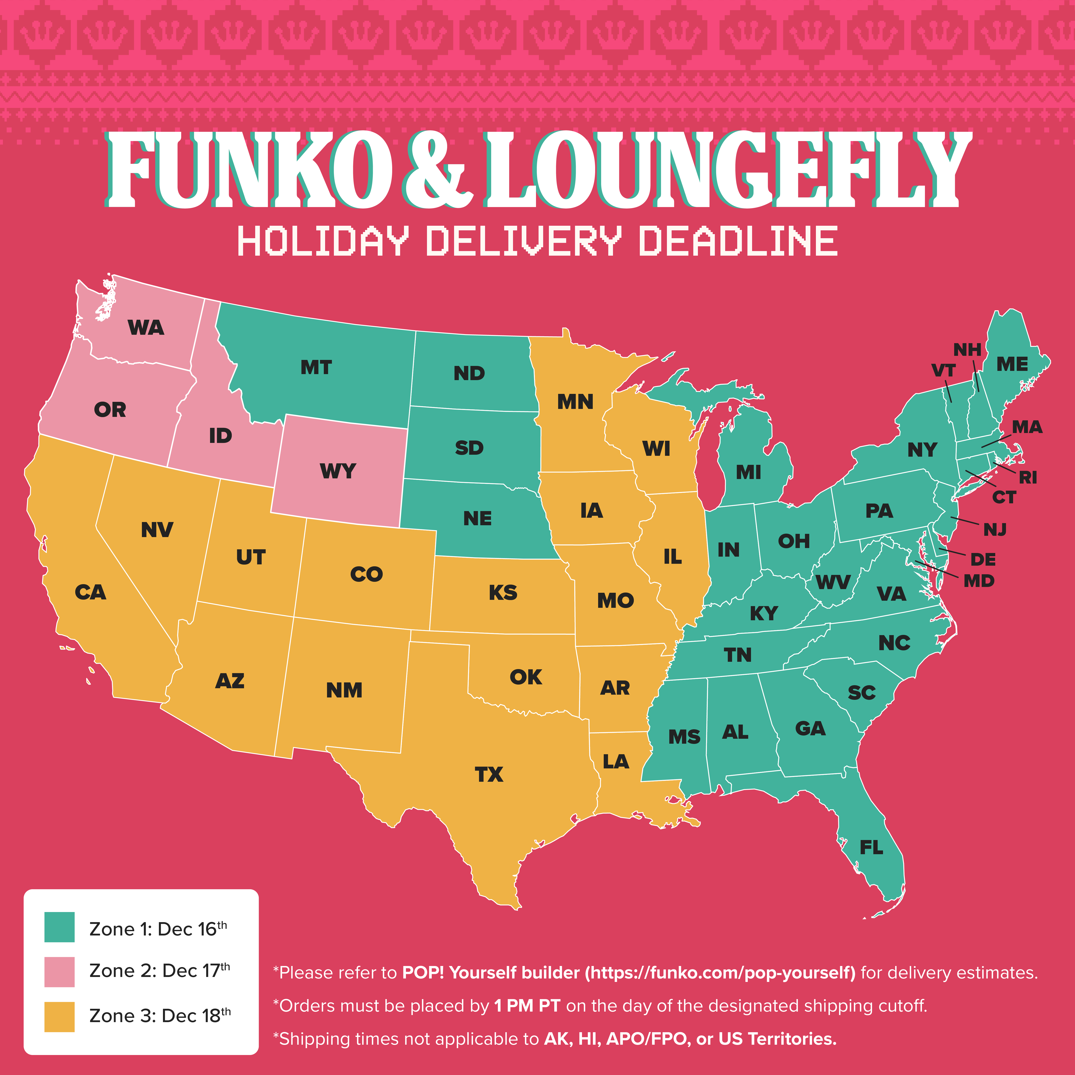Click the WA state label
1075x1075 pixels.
pos(146,328)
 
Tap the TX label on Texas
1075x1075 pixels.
pos(489,774)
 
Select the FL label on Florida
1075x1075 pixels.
pos(871,848)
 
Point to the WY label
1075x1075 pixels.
pos(338,471)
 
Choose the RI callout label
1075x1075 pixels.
pos(1028,477)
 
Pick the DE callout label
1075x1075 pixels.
pos(983,559)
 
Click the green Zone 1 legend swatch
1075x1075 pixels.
pos(60,927)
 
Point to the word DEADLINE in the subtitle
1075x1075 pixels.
pos(738,241)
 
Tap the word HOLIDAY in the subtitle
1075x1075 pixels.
pos(323,241)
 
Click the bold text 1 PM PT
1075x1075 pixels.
pos(526,1006)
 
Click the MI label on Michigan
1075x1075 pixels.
pos(748,472)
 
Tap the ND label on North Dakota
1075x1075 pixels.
pos(469,373)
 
